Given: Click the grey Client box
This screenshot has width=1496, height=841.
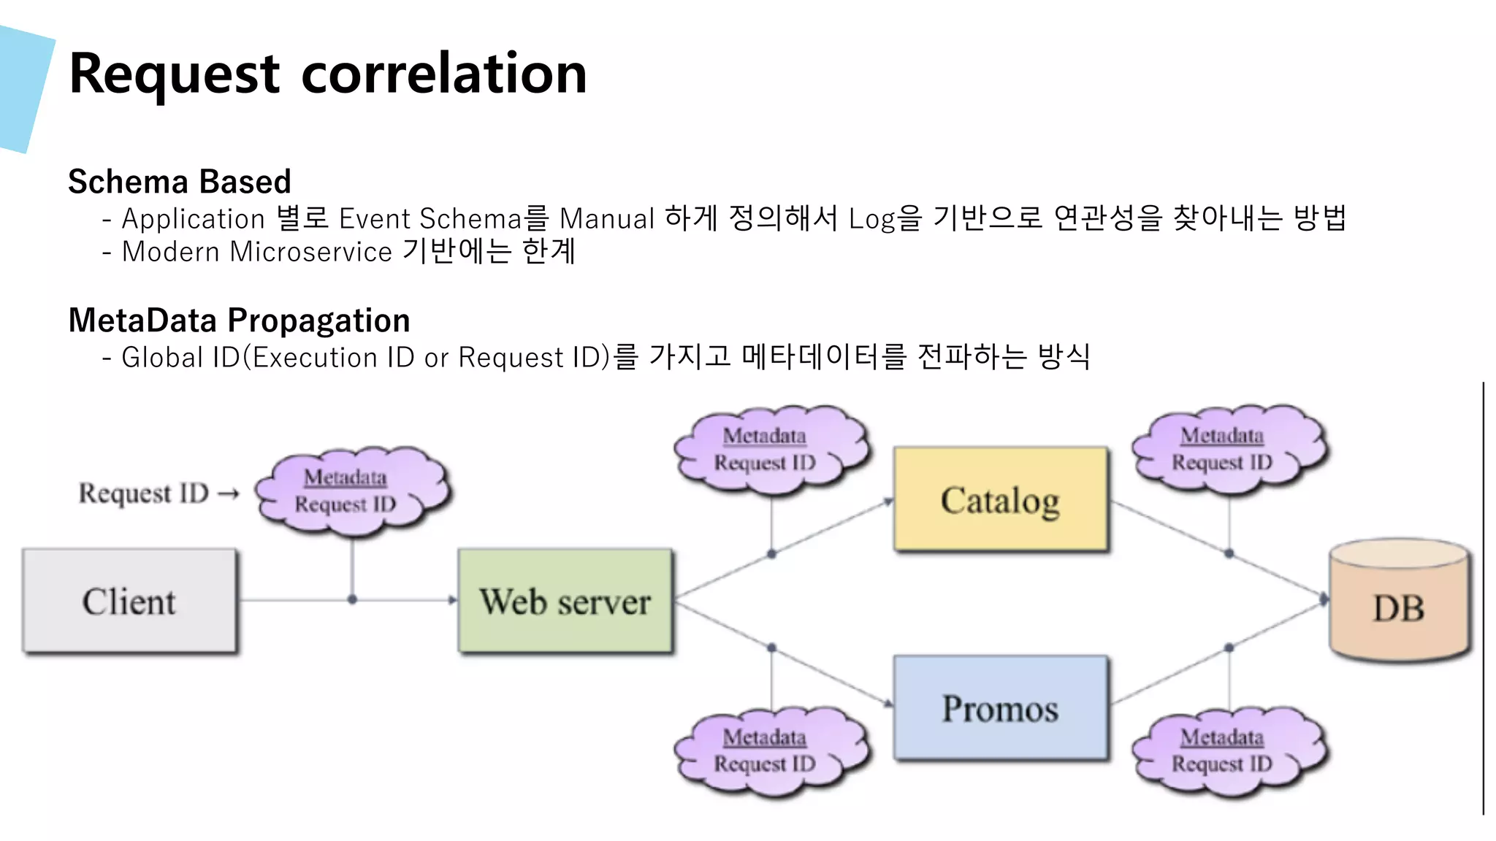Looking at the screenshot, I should (129, 600).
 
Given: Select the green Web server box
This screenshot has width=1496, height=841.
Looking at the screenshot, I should (565, 600).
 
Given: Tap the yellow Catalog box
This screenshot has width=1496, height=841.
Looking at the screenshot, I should (1000, 499).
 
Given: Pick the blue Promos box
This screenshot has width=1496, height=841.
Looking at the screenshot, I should (1000, 708).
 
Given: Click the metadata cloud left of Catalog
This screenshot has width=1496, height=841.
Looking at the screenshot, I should (771, 449).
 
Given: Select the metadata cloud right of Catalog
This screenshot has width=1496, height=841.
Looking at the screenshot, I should (1229, 449).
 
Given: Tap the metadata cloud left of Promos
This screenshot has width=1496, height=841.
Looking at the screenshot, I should (771, 750).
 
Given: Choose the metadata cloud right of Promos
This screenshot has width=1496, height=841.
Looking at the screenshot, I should (1229, 750).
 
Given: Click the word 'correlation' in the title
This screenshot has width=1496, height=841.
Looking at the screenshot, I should (444, 74).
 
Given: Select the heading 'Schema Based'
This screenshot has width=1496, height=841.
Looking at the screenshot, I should (180, 181).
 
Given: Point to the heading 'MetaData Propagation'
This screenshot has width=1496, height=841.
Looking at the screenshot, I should (239, 320).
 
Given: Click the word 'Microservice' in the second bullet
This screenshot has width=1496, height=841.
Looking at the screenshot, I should (311, 252).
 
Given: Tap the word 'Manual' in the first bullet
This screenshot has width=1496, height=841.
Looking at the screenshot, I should (606, 219).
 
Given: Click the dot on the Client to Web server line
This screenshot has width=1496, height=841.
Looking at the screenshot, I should (352, 599).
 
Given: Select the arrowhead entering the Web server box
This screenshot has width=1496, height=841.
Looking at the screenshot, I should (452, 599).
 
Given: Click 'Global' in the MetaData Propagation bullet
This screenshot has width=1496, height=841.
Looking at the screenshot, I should (162, 358).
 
